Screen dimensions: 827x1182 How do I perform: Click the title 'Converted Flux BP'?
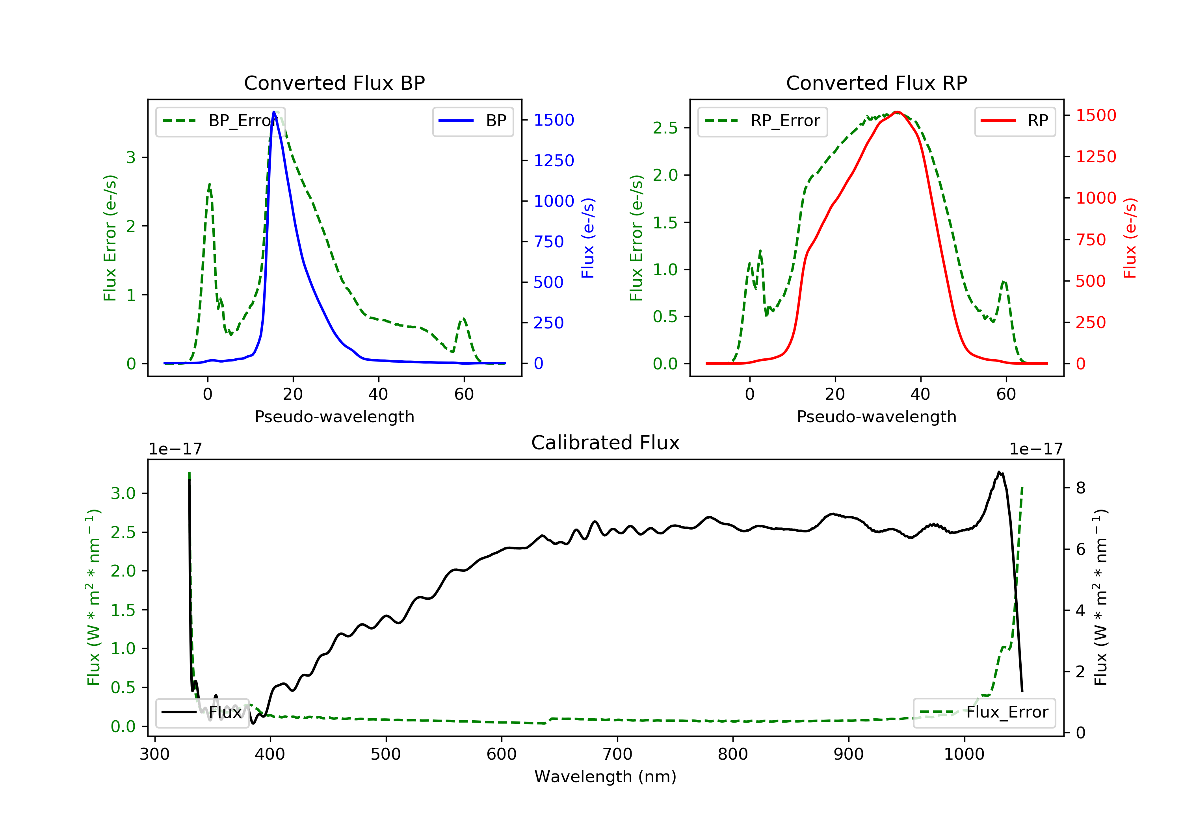[334, 83]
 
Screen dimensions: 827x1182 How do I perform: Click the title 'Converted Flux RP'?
[876, 83]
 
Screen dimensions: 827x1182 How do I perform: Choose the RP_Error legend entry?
[762, 121]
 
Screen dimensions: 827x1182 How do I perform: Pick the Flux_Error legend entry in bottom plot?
[984, 712]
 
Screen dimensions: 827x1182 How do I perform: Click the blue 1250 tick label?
[554, 161]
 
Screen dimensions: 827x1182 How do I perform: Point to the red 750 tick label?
[1090, 240]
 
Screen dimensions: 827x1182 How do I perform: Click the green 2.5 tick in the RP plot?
[665, 128]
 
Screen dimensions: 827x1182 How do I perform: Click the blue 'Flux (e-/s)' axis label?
[588, 238]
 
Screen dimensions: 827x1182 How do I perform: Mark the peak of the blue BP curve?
[274, 112]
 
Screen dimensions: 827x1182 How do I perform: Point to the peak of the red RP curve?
[897, 112]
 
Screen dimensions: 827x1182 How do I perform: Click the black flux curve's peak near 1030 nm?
[999, 472]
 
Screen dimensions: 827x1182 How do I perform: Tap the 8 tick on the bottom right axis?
[1081, 488]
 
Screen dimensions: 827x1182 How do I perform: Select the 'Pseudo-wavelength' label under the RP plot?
[876, 416]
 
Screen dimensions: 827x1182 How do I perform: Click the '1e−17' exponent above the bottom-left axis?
[175, 449]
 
